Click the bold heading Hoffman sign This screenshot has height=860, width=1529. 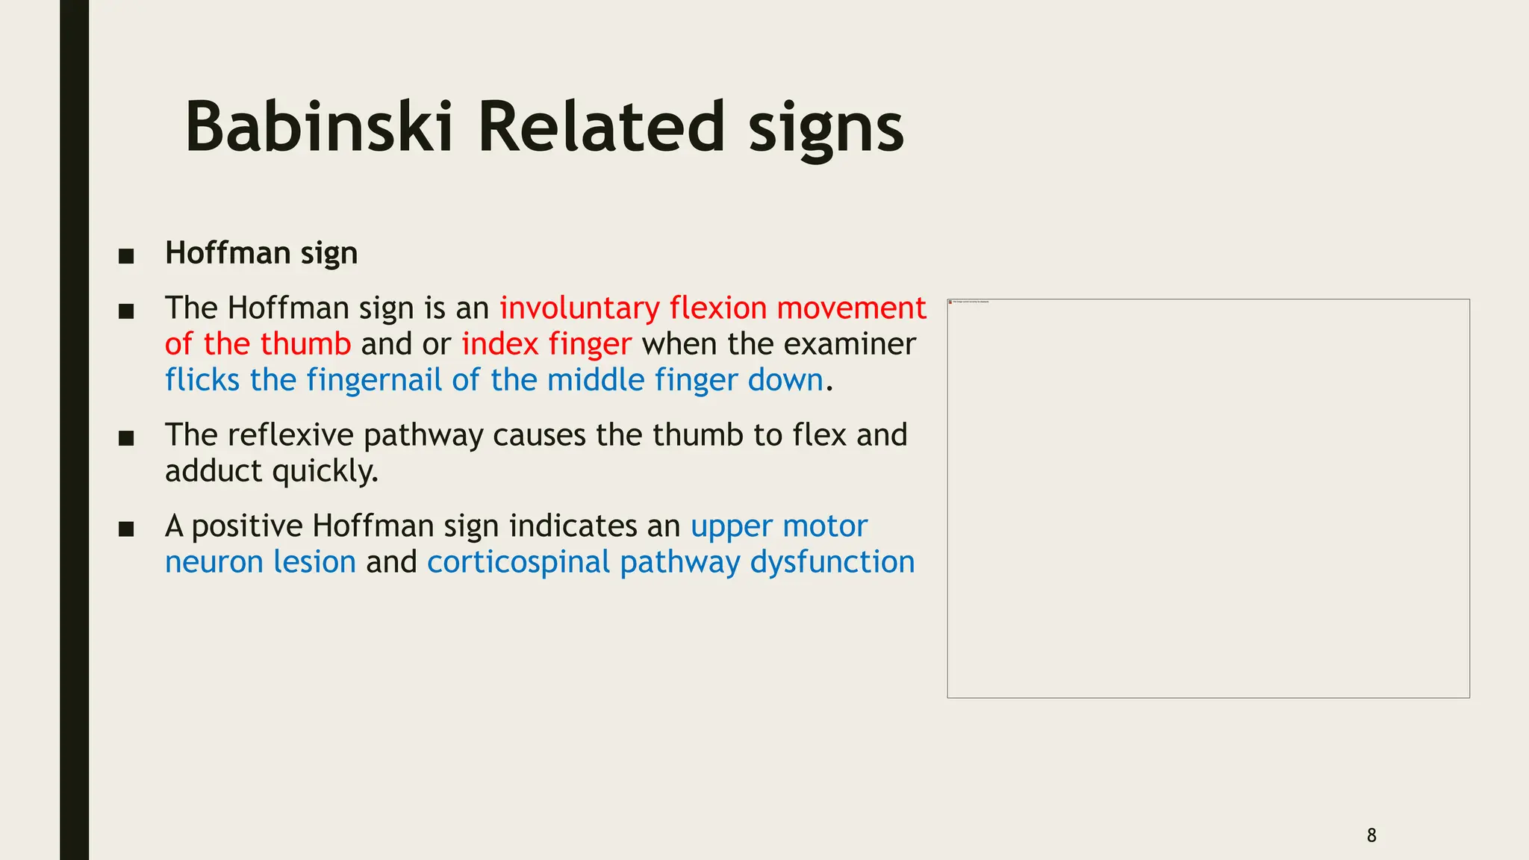(261, 253)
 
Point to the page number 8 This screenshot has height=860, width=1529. (1371, 835)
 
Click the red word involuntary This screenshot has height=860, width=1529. (579, 308)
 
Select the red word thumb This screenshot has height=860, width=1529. (305, 344)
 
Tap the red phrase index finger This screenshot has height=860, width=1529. (546, 344)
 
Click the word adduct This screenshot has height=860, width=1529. (214, 471)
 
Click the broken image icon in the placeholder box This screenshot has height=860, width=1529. (950, 302)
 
